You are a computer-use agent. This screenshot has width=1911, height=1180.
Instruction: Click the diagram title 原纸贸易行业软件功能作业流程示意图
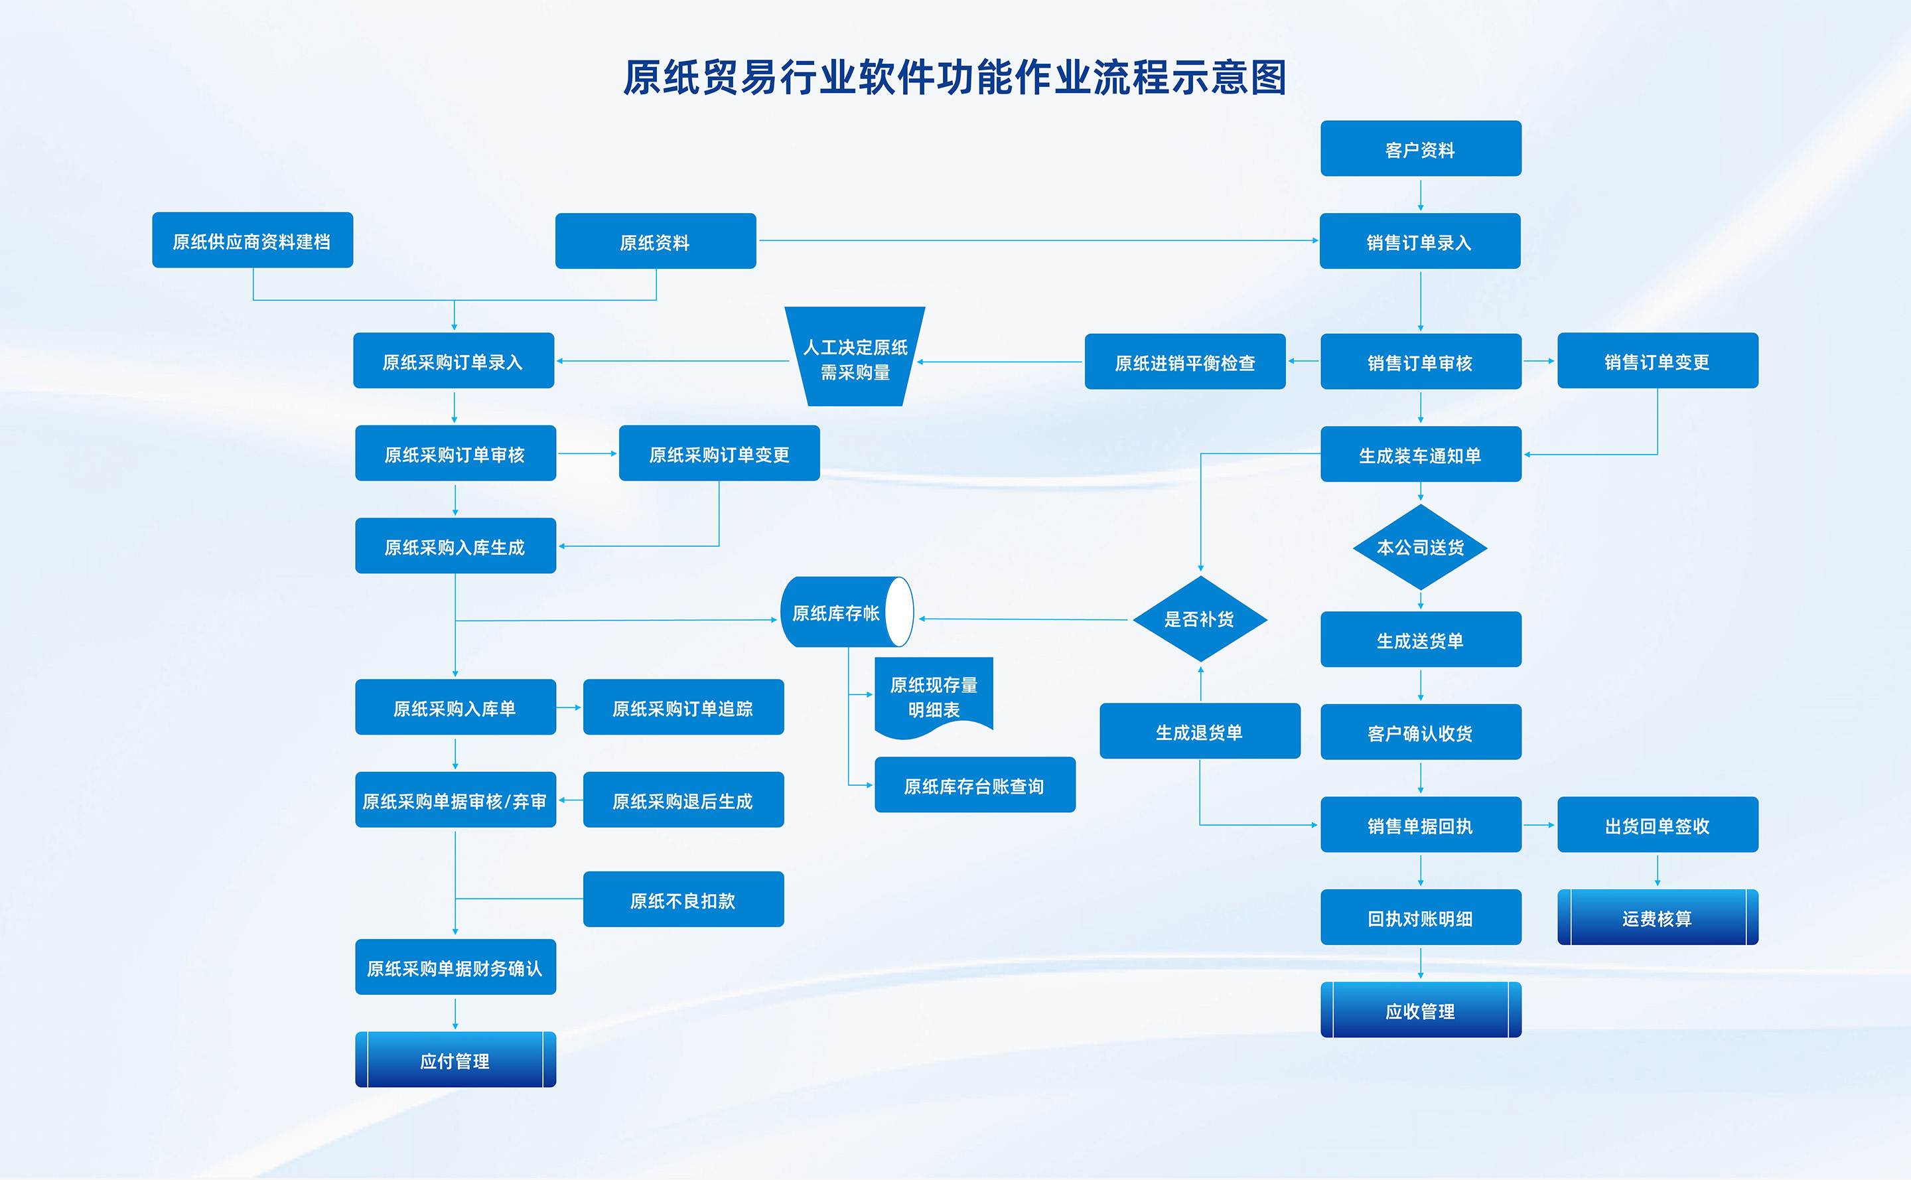pos(954,78)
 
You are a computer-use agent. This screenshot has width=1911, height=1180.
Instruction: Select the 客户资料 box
pos(1420,149)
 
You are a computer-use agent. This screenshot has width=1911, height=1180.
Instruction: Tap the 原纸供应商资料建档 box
pos(252,240)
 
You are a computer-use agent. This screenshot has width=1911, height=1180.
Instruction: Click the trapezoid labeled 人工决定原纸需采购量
pos(855,359)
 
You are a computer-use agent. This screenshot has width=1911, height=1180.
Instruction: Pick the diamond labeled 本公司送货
pos(1420,547)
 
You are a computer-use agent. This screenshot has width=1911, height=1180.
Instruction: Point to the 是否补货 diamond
pos(1199,619)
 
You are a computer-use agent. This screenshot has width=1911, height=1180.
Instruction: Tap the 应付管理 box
pos(455,1060)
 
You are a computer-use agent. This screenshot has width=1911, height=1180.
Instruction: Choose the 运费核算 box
pos(1658,918)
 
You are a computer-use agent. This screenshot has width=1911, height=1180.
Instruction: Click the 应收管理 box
pos(1420,1011)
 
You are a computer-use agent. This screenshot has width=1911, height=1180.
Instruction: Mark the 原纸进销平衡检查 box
pos(1184,362)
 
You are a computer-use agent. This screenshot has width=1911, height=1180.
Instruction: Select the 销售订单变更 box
pos(1658,361)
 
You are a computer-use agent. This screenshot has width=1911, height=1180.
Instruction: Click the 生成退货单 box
pos(1199,731)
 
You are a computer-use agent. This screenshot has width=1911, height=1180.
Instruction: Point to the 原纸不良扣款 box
pos(683,900)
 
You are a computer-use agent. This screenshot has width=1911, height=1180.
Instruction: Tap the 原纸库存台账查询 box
pos(975,785)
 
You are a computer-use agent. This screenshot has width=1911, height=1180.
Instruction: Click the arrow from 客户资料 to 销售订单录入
pos(1420,194)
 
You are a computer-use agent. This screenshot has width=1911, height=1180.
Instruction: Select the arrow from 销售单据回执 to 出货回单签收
pos(1539,825)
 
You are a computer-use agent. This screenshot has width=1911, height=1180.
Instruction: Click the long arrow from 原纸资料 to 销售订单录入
pos(1038,240)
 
